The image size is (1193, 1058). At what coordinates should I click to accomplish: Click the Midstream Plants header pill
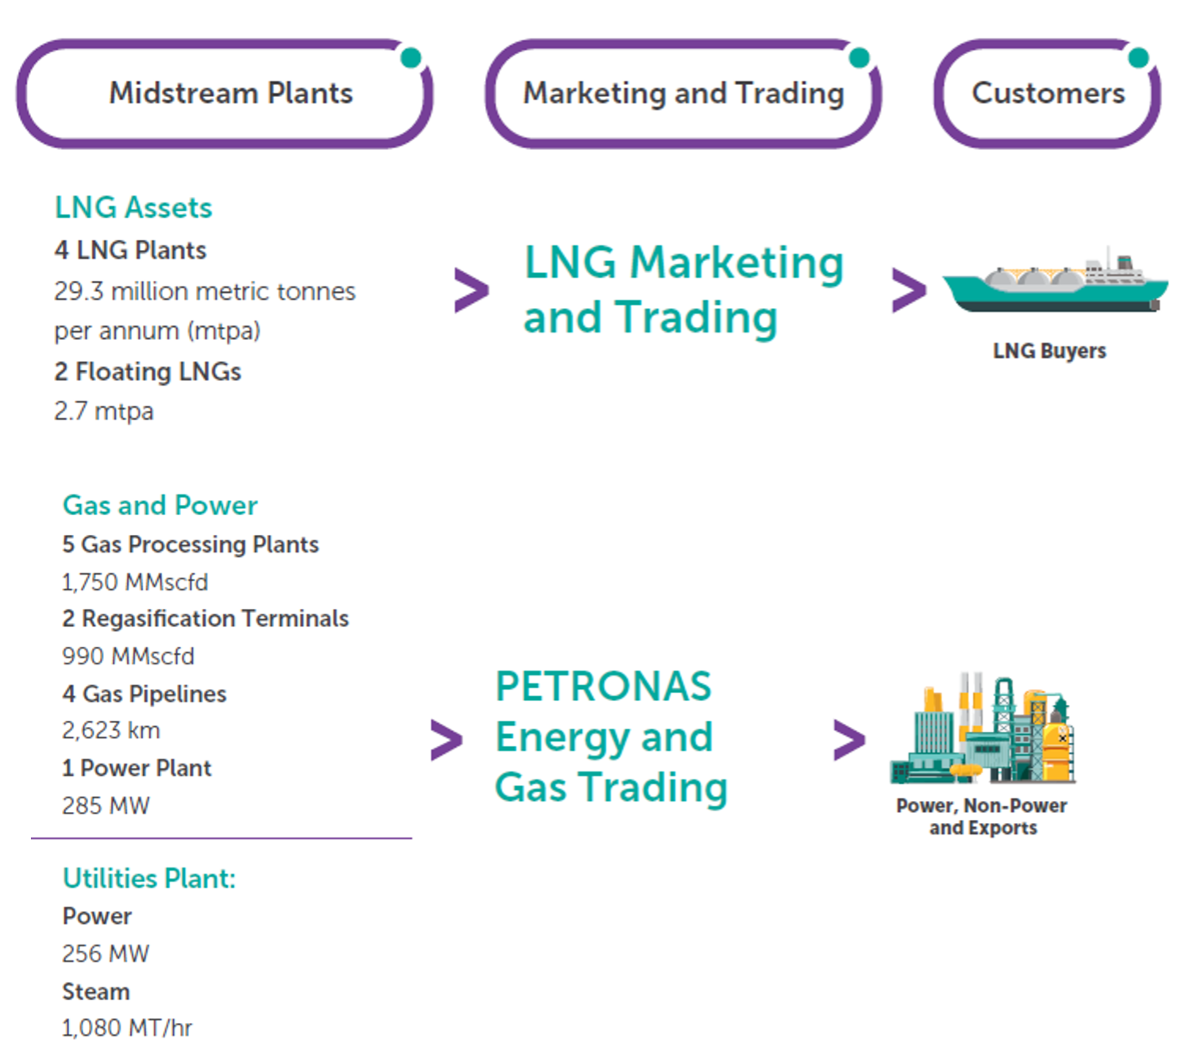click(x=225, y=94)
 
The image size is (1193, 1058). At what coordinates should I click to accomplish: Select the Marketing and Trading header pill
click(x=683, y=94)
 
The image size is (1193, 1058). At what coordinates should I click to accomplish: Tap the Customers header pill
click(x=1047, y=94)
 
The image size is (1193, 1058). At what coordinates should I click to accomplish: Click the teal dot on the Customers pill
click(x=1138, y=58)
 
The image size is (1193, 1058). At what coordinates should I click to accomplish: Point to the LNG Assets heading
click(x=133, y=208)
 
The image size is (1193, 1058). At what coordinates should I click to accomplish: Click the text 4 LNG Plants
click(x=130, y=250)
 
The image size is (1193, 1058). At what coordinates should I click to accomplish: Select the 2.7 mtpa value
click(x=104, y=411)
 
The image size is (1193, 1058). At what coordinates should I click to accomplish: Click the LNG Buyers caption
click(x=1049, y=351)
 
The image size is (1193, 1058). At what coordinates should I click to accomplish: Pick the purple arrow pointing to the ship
click(x=909, y=290)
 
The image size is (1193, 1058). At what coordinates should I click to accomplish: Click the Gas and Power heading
click(x=160, y=506)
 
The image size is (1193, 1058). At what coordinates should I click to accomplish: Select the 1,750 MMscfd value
click(x=135, y=582)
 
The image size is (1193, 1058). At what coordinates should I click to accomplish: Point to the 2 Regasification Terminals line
click(x=206, y=618)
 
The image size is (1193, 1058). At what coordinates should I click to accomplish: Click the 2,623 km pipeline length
click(x=111, y=730)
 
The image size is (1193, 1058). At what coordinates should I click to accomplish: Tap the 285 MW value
click(x=106, y=806)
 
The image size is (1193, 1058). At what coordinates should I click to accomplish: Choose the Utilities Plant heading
click(x=149, y=879)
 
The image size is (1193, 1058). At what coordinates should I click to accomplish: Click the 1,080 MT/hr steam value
click(x=127, y=1028)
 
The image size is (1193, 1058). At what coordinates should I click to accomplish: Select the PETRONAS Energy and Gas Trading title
click(x=611, y=737)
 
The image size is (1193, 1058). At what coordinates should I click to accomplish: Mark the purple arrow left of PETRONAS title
click(x=446, y=741)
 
